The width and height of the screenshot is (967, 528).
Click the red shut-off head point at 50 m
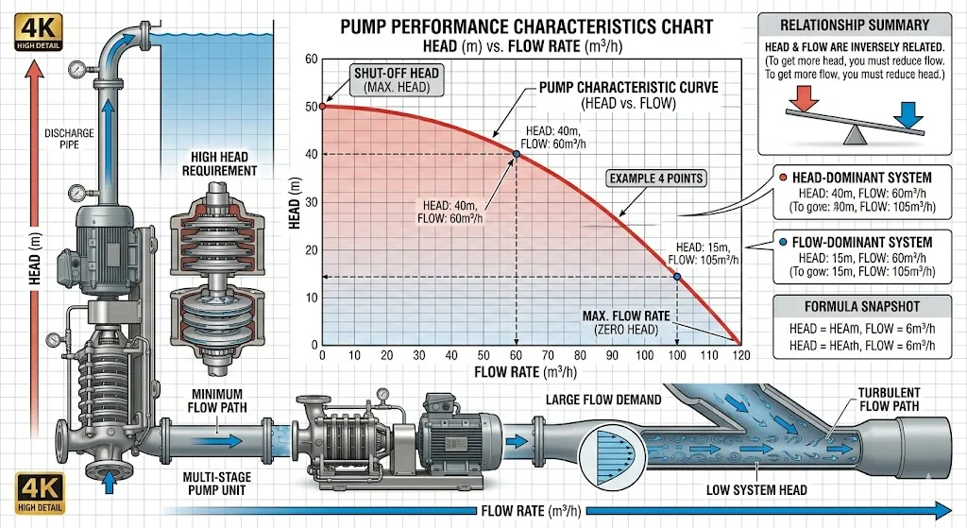pos(322,106)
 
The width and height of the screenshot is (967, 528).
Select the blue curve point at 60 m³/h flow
pos(516,153)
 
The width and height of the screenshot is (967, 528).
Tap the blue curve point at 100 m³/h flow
pos(677,276)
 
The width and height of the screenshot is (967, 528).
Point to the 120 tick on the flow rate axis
pos(740,356)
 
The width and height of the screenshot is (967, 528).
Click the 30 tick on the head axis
pos(312,202)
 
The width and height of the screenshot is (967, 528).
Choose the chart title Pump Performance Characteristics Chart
pos(527,27)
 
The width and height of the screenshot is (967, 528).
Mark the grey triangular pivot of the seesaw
pos(856,135)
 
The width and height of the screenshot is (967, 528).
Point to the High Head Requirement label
pos(223,163)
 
